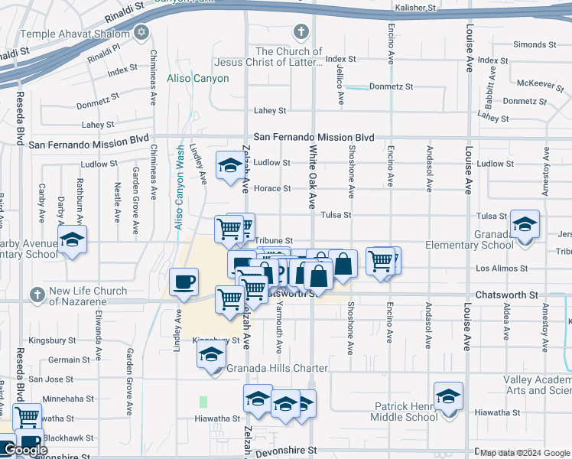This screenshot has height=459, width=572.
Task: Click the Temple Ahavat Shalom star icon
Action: [140, 33]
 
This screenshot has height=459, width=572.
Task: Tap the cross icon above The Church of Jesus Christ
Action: [301, 33]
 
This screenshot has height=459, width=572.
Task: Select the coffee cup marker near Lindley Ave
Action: [184, 282]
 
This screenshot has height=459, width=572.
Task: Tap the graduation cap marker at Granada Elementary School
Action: [525, 225]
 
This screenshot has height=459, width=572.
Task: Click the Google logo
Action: [25, 450]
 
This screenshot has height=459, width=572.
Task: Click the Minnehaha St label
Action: [68, 399]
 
